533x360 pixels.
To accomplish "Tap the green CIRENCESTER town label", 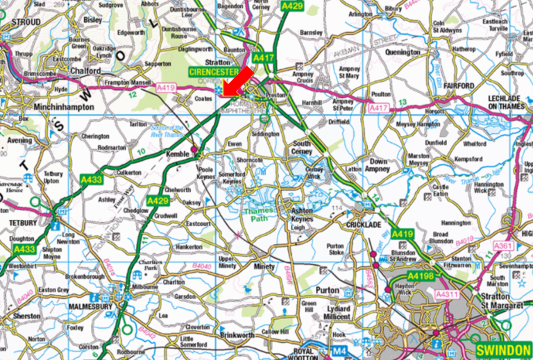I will pos(212,71).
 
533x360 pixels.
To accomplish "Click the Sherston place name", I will pos(27,315).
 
